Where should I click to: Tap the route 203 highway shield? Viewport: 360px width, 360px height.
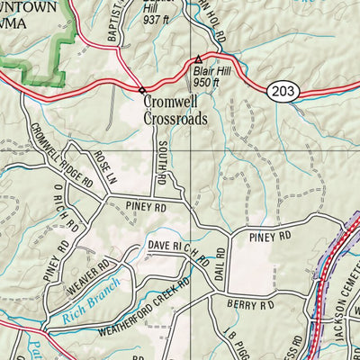[x=281, y=90]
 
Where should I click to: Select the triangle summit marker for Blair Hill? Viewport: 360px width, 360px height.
[x=199, y=60]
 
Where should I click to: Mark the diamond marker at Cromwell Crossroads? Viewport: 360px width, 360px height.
[x=141, y=89]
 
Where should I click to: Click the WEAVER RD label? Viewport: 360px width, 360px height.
[x=87, y=274]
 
